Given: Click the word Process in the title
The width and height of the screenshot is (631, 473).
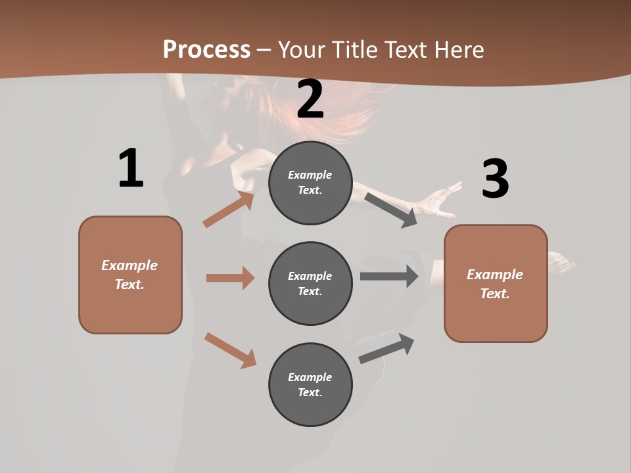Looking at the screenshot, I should click(206, 49).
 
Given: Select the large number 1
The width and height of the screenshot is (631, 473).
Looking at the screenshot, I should click(131, 168).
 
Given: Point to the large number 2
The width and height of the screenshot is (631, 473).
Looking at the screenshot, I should click(310, 100).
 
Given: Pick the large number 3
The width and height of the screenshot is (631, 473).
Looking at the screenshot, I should click(495, 179).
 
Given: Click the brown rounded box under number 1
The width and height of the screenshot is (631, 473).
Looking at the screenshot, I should click(130, 275).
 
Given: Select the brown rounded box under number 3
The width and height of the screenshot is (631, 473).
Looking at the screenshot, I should click(496, 283).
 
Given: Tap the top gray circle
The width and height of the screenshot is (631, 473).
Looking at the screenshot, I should click(310, 183).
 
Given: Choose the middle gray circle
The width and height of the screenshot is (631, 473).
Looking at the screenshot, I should click(310, 283).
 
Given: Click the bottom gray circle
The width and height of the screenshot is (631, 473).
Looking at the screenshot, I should click(310, 384).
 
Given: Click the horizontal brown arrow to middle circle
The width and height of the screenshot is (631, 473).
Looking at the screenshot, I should click(230, 278).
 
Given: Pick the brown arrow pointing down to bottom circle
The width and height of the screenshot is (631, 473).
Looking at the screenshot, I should click(230, 350).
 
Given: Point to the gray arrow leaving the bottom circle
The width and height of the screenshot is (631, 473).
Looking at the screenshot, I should click(387, 349).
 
